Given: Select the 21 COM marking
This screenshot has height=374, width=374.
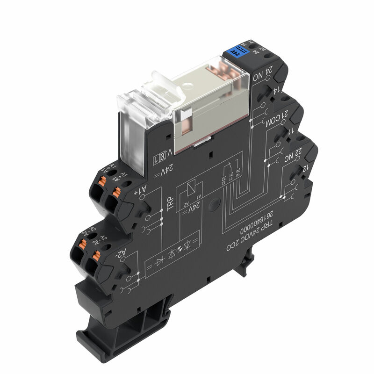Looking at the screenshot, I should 272,120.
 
